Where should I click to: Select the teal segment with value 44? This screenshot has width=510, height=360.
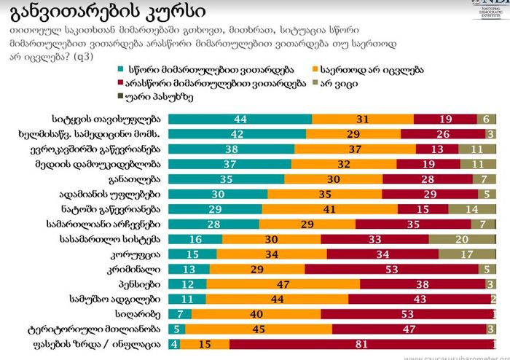point(240,119)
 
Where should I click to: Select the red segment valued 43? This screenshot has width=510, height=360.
point(419,299)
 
